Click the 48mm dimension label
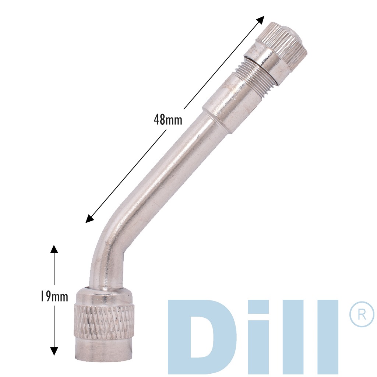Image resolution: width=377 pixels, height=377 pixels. [x=168, y=119]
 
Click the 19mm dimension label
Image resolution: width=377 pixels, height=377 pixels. [x=54, y=297]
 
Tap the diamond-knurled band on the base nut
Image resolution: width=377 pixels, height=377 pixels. [x=104, y=320]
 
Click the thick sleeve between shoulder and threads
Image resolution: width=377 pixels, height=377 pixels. [x=232, y=99]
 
